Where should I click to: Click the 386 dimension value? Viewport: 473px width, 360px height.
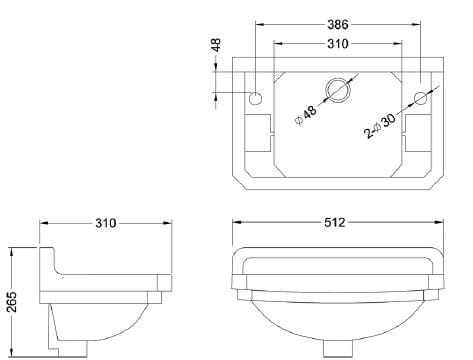338,24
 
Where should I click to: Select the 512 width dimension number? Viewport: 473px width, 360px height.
335,222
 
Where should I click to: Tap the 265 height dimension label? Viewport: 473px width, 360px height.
12,302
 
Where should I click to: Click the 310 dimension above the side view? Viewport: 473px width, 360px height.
106,223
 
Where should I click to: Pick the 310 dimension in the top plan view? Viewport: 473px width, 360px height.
338,44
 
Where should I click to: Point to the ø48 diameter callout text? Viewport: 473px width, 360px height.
306,115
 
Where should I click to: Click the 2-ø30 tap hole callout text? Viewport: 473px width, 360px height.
380,126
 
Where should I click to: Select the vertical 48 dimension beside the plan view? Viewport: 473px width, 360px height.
216,45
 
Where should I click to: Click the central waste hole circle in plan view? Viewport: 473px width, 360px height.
338,90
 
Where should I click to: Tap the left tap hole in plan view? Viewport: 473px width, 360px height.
256,98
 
